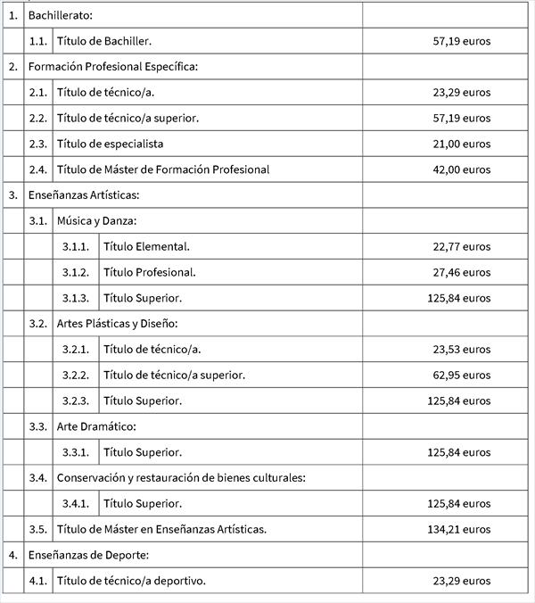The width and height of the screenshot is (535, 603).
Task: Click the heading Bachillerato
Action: coord(60,15)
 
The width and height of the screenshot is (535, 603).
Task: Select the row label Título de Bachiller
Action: coord(103,41)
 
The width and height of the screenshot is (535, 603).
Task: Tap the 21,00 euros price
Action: coord(461,144)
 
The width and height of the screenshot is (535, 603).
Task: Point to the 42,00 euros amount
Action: coord(461,169)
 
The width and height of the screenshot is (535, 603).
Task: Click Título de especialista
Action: coord(110,144)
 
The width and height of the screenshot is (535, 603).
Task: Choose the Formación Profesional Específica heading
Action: coord(112,67)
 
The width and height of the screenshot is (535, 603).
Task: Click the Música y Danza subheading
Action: coord(96,220)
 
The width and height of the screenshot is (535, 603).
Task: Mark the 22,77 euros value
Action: coord(461,246)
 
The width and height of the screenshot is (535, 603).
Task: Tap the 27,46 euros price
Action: coord(461,272)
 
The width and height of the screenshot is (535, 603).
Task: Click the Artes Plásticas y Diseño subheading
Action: coord(118,323)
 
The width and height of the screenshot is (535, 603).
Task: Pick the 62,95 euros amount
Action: coord(461,375)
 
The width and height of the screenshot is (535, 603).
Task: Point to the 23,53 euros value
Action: coord(461,349)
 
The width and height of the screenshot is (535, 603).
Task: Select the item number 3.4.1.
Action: coord(76,503)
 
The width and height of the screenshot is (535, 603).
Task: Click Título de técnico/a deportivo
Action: coord(130,581)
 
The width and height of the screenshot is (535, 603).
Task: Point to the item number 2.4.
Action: coord(37,169)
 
